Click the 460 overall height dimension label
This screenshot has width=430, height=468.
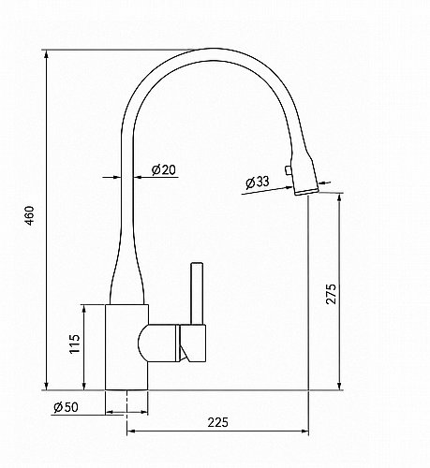point(30,215)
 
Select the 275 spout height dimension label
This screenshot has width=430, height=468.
point(331,294)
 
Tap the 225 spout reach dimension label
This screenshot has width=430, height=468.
point(218,422)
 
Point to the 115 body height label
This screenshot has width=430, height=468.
point(75,344)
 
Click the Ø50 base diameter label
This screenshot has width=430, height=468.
point(66,407)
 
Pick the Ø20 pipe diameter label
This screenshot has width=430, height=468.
point(164,170)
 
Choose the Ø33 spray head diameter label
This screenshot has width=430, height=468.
point(257,182)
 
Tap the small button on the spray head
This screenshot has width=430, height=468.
point(288,170)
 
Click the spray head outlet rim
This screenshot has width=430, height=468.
point(306,192)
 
